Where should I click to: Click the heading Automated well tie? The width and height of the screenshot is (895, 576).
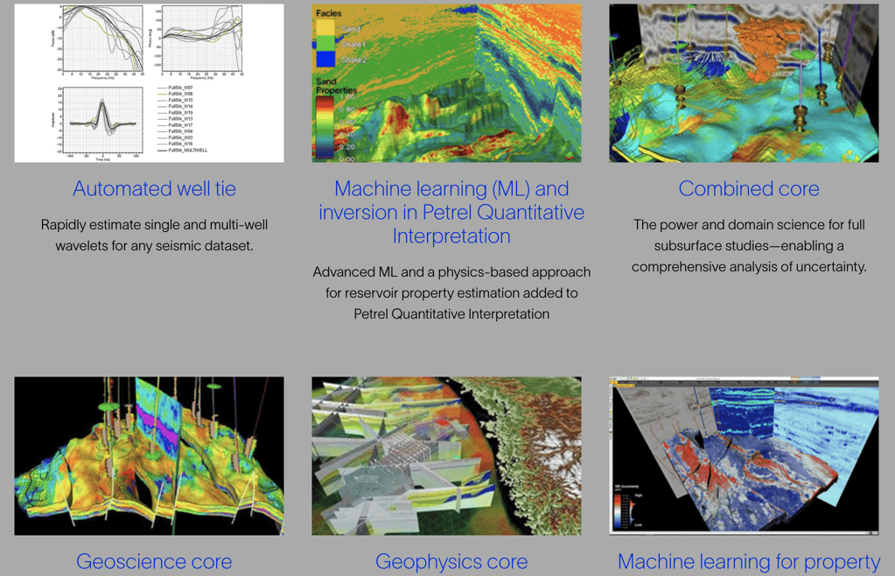(154, 188)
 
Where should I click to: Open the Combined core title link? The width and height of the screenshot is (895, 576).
(749, 188)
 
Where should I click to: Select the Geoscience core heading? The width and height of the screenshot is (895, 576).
(154, 561)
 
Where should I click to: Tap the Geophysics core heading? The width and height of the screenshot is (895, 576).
(451, 561)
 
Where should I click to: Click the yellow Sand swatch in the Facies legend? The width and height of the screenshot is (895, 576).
(325, 29)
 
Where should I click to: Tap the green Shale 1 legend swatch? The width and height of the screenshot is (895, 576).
(325, 45)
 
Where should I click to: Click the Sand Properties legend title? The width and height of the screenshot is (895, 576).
(336, 85)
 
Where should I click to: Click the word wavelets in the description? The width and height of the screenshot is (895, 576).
(81, 246)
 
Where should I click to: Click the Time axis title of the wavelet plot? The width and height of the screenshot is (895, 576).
(101, 159)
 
